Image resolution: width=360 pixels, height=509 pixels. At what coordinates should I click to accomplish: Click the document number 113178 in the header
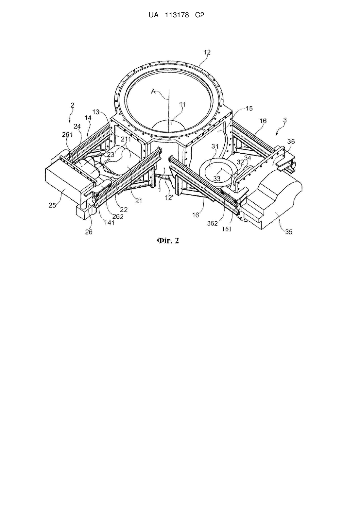click(177, 15)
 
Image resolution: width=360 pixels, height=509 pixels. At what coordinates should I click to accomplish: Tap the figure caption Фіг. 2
click(168, 241)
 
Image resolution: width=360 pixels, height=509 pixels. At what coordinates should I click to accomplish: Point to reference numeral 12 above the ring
click(207, 52)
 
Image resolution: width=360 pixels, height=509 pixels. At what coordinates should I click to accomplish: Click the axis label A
click(153, 91)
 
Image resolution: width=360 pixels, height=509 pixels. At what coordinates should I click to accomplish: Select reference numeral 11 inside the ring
click(182, 105)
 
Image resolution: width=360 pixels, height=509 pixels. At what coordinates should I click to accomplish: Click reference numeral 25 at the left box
click(52, 205)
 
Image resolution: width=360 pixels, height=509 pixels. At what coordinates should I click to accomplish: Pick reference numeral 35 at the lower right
click(289, 232)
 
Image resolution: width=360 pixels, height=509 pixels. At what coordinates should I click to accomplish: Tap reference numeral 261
click(67, 134)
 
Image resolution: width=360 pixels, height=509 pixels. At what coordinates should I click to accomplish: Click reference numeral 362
click(212, 224)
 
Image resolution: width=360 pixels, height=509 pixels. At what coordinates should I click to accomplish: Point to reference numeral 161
click(227, 229)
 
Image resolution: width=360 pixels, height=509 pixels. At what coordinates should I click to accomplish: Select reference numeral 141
click(110, 223)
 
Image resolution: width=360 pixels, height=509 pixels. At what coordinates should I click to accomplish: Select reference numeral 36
click(291, 142)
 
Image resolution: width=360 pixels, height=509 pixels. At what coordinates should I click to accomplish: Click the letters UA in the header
click(153, 15)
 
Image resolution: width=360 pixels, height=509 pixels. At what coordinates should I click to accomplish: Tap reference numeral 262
click(118, 216)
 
